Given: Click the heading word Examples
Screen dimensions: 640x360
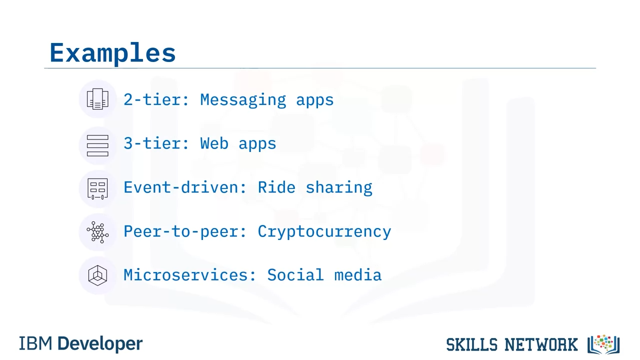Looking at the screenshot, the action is coord(112,53).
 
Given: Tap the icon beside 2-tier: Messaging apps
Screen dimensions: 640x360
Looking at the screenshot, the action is coord(97,99).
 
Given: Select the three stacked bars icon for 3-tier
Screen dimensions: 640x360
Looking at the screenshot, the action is coord(97,145).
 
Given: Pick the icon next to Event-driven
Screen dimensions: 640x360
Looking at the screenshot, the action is coord(97,189).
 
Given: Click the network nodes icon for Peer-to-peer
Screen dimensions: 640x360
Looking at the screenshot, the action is coord(97,232).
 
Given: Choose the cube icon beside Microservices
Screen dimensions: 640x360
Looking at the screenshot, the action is coord(97,275).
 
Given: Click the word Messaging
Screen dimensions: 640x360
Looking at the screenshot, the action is coord(243,100).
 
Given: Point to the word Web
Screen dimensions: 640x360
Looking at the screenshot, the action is coord(214,143).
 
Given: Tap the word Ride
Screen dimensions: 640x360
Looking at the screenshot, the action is coord(276,187).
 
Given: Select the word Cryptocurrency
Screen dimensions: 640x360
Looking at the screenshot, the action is coord(324,231).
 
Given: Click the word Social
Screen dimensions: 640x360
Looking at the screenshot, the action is coord(295,275).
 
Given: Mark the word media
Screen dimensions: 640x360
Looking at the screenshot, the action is coord(358,275).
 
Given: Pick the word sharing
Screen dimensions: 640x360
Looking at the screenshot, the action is coord(339,188).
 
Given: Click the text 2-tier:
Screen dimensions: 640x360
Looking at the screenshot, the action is coord(156,99).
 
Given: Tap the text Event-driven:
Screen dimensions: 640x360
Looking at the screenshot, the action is coord(185,187).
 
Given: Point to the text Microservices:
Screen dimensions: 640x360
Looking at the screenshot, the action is coord(189,275).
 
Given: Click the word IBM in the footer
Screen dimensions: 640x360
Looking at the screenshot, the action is coord(35,343).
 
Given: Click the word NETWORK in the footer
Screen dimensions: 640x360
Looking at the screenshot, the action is coord(541,344).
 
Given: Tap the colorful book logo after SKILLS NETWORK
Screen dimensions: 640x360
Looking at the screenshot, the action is coord(603,344).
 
